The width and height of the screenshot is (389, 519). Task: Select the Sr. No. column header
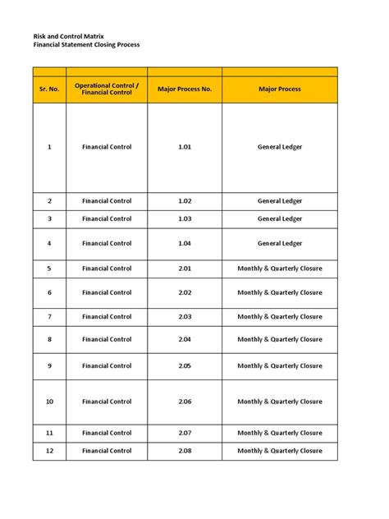point(49,89)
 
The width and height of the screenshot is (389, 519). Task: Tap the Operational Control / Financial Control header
point(107,89)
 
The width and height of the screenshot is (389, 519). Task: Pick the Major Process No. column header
point(184,89)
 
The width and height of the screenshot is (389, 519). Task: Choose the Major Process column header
point(279,89)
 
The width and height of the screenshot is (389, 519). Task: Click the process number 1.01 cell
point(184,147)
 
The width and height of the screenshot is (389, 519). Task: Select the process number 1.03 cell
point(184,219)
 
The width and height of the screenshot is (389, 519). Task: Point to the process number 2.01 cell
point(184,269)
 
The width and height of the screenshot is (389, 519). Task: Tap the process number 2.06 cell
point(184,402)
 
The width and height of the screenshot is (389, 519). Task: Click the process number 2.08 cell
point(184,451)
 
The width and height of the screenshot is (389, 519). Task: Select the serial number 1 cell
point(49,147)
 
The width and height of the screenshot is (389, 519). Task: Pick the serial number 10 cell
point(49,402)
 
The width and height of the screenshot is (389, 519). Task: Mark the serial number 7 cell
point(49,316)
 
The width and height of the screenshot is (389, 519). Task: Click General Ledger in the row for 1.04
point(279,243)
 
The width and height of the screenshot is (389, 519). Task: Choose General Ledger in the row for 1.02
point(279,201)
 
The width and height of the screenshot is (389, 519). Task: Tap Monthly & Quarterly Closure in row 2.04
point(279,339)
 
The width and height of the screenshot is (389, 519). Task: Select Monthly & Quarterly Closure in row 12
point(279,451)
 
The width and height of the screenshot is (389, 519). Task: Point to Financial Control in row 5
point(107,269)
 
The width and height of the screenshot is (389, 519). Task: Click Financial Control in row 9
point(107,365)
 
